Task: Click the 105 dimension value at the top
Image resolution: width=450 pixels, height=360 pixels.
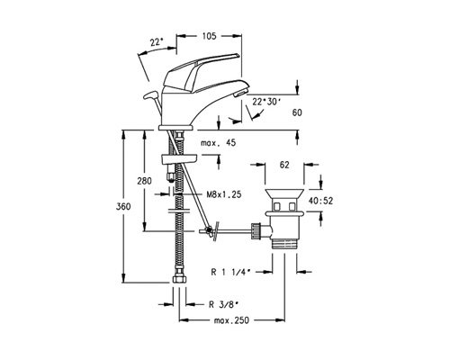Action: pyautogui.click(x=209, y=36)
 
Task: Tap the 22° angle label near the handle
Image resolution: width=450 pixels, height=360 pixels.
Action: pyautogui.click(x=157, y=42)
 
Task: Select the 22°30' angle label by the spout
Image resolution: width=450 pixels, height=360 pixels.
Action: pyautogui.click(x=265, y=102)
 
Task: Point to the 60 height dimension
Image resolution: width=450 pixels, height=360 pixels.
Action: pyautogui.click(x=297, y=112)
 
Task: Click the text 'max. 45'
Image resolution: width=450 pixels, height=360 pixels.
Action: pyautogui.click(x=218, y=143)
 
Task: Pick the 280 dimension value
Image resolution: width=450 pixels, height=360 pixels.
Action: pyautogui.click(x=144, y=181)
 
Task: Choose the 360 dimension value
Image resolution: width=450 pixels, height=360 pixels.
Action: pyautogui.click(x=123, y=207)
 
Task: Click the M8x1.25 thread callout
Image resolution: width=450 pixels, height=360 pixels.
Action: pyautogui.click(x=224, y=194)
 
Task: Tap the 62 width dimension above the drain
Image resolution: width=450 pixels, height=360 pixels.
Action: pyautogui.click(x=284, y=165)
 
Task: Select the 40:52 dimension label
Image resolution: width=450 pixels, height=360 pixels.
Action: pyautogui.click(x=320, y=201)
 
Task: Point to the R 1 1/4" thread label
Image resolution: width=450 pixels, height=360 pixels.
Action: pyautogui.click(x=230, y=272)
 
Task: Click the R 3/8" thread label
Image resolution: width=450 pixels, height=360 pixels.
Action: pyautogui.click(x=223, y=304)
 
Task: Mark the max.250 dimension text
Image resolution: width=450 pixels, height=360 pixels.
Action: pyautogui.click(x=231, y=320)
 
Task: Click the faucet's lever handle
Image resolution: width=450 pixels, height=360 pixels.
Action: pyautogui.click(x=201, y=72)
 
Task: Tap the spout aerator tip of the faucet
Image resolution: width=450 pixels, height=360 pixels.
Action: pyautogui.click(x=241, y=93)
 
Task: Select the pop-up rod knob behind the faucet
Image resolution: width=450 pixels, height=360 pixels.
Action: pyautogui.click(x=150, y=95)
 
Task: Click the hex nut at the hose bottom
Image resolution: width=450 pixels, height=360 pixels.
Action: pyautogui.click(x=179, y=279)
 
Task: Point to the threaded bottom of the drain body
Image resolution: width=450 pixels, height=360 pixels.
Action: pyautogui.click(x=284, y=244)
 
